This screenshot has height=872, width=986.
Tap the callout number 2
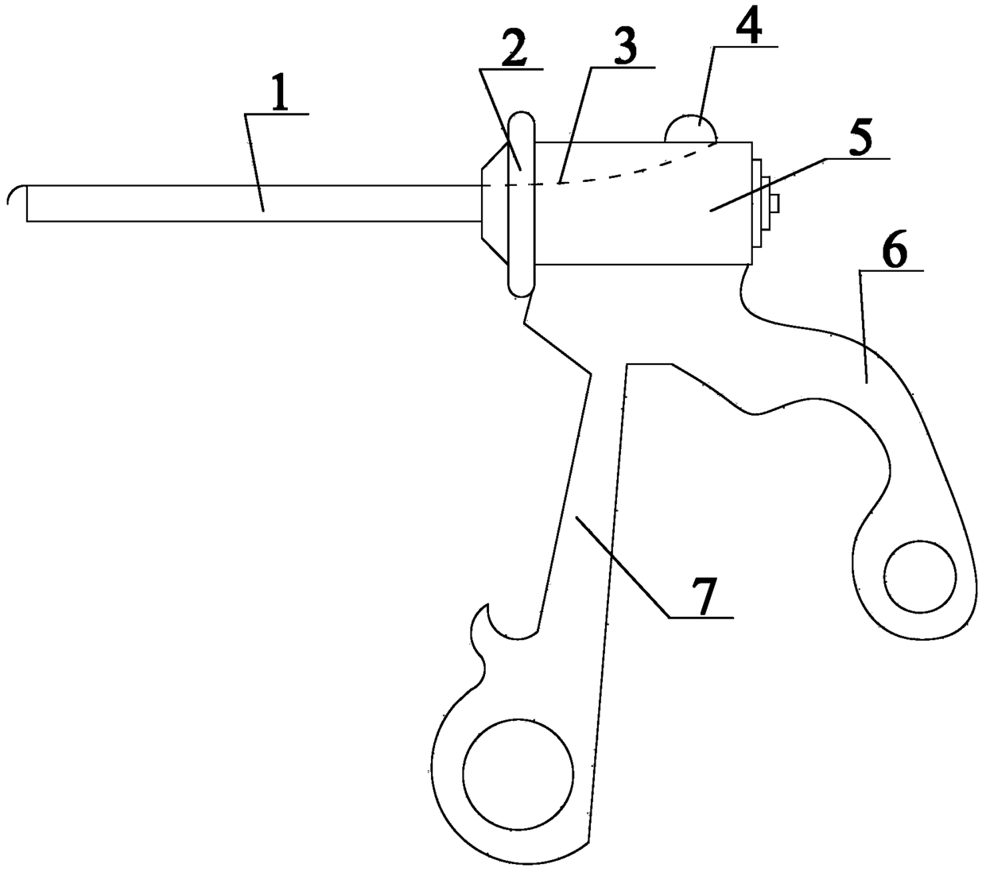click(x=511, y=53)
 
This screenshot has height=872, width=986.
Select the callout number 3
click(x=625, y=49)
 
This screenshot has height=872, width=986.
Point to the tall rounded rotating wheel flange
click(x=522, y=204)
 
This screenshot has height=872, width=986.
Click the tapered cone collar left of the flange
click(x=494, y=204)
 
